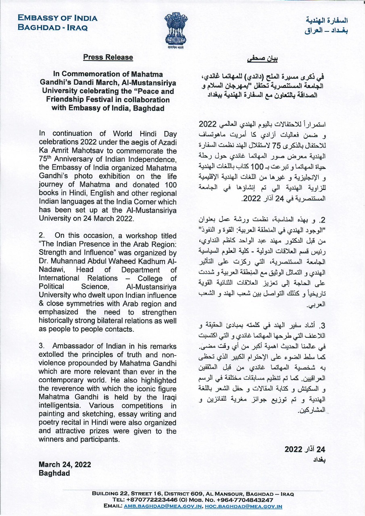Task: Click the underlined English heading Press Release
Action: tap(108, 57)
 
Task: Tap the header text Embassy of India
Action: tap(57, 18)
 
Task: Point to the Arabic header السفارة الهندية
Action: tap(327, 20)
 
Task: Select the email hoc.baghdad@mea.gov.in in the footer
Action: tap(243, 506)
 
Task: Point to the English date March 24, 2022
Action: tap(65, 464)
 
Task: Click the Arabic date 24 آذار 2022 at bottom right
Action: tap(305, 449)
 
